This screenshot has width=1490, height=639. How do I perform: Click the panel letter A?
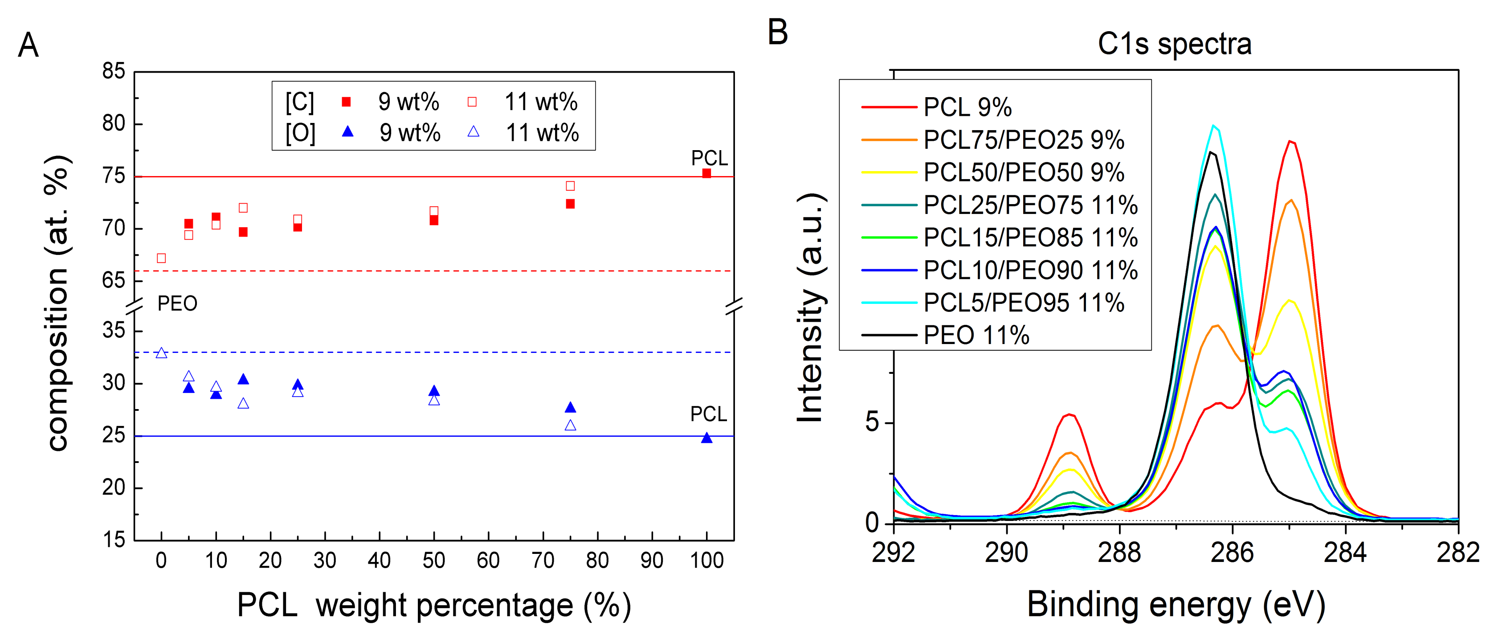tap(29, 45)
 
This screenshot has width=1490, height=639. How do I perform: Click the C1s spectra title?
tap(1174, 44)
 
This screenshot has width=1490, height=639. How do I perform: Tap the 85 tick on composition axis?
tap(114, 71)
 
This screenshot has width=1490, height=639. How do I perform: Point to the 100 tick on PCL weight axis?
tap(706, 560)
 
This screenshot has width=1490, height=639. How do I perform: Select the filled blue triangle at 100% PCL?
tap(706, 438)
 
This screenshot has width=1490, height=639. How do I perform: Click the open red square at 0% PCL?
tap(161, 258)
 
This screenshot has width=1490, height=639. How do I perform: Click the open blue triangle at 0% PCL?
tap(161, 353)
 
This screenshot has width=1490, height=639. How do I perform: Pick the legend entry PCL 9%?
tap(967, 107)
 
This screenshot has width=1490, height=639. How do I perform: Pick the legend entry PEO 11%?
tap(976, 335)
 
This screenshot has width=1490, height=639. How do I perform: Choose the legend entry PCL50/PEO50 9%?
tap(1023, 172)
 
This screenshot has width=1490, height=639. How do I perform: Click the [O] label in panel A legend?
tap(300, 133)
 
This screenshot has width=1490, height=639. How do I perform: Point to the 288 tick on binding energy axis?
tap(1119, 553)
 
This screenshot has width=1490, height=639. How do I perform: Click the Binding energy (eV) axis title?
tap(1176, 605)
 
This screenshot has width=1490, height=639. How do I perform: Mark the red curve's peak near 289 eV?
tap(1070, 414)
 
